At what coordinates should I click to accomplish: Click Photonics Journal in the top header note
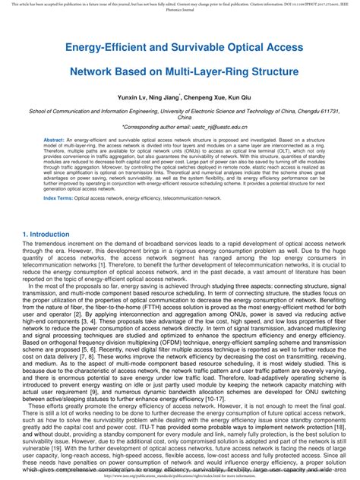180,11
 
